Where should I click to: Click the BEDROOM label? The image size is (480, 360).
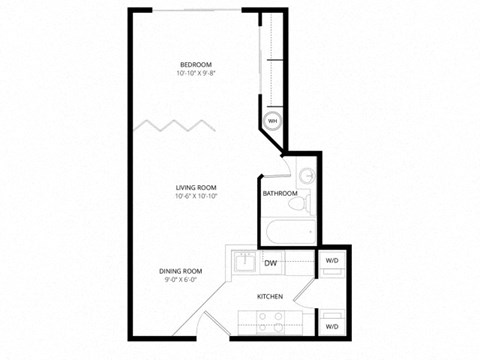point(195,64)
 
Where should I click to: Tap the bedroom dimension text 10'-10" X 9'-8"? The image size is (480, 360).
point(195,74)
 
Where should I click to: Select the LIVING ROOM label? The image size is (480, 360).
point(195,187)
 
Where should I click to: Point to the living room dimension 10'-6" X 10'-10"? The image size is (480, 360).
point(195,197)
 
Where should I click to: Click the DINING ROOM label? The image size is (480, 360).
point(181,271)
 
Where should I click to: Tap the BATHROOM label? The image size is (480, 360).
point(280,193)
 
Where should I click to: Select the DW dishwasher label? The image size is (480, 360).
point(271,263)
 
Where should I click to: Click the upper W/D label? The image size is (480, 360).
point(331,261)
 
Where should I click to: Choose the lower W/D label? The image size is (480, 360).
point(331,326)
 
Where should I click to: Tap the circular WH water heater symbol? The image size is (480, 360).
point(272,122)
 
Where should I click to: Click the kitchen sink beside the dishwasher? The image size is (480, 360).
point(243,263)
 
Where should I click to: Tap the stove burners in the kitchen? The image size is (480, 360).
point(269,322)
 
